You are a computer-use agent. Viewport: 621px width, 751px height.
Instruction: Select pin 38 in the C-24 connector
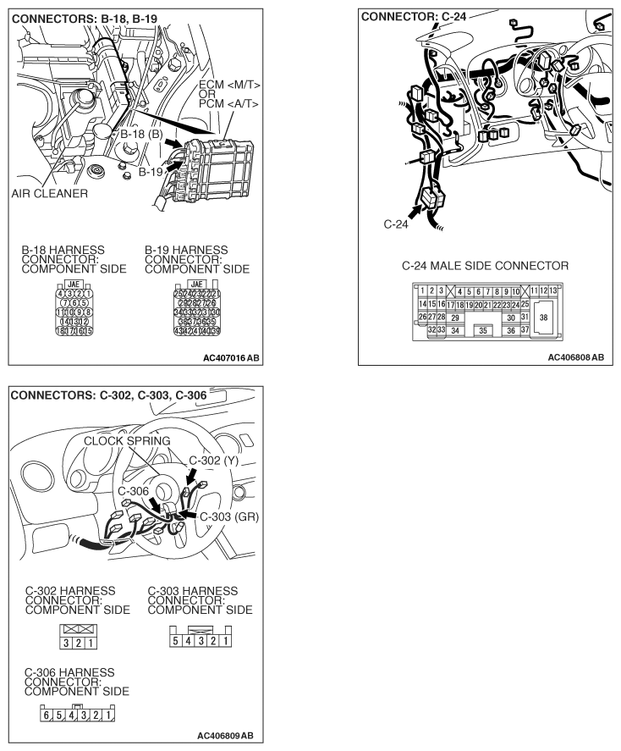[543, 317]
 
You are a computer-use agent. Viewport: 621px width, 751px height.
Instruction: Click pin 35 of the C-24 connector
[482, 330]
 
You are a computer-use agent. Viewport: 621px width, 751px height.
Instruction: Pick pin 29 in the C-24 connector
[454, 317]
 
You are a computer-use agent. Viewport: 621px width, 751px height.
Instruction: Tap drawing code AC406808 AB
[575, 357]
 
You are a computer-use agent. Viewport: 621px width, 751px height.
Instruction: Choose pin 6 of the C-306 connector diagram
[47, 715]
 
